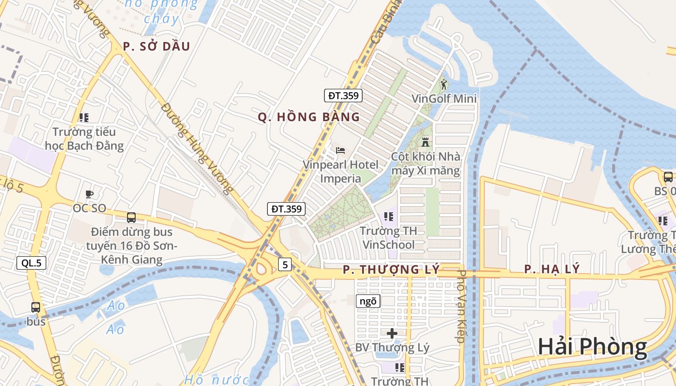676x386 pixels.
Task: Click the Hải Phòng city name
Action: (x=592, y=347)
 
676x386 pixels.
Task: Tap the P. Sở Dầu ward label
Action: (x=156, y=46)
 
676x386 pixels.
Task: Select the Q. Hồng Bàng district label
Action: (x=309, y=117)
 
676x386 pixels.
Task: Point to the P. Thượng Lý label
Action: (x=391, y=270)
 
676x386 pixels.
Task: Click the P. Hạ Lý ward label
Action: (x=552, y=269)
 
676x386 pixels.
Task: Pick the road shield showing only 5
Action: (x=285, y=264)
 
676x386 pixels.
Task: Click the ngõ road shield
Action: (x=368, y=302)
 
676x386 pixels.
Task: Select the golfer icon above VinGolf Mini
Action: (x=444, y=84)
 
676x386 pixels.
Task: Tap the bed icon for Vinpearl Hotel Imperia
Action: (x=340, y=151)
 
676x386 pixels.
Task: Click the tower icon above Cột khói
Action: (x=425, y=142)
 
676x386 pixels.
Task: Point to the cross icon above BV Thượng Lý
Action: (x=392, y=333)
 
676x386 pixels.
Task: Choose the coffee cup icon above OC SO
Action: (x=89, y=194)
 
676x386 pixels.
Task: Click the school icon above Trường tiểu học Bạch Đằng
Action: (x=84, y=117)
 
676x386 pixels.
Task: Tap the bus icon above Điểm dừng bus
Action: (x=131, y=218)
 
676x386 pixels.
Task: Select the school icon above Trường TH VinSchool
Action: (x=388, y=217)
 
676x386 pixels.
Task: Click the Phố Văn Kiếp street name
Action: (x=461, y=307)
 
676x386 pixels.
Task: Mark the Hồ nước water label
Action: (x=216, y=379)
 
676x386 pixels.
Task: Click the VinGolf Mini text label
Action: (x=444, y=99)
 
